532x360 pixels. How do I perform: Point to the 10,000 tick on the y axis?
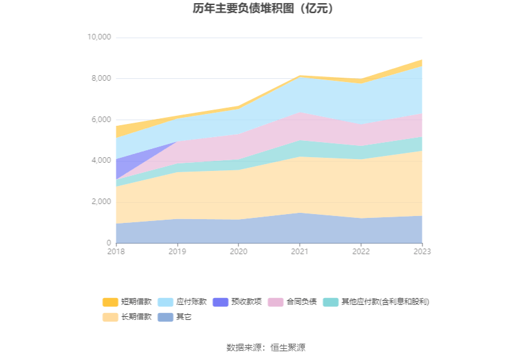[x=100, y=38]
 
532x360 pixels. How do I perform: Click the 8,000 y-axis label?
[x=101, y=78]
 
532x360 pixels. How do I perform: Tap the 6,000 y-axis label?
[x=101, y=120]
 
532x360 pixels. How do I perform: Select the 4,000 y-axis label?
[x=101, y=161]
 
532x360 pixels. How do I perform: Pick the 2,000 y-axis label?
[x=101, y=202]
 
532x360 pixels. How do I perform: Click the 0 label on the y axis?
[x=108, y=243]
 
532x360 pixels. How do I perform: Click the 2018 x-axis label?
[x=116, y=252]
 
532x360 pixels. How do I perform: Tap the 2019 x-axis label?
[x=177, y=252]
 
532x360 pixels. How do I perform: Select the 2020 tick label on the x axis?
[x=238, y=252]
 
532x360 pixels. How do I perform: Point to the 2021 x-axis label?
[x=300, y=252]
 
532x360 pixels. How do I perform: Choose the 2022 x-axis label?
[x=361, y=252]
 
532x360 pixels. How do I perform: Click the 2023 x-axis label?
[x=422, y=252]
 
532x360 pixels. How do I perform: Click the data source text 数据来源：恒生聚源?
[x=265, y=347]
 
